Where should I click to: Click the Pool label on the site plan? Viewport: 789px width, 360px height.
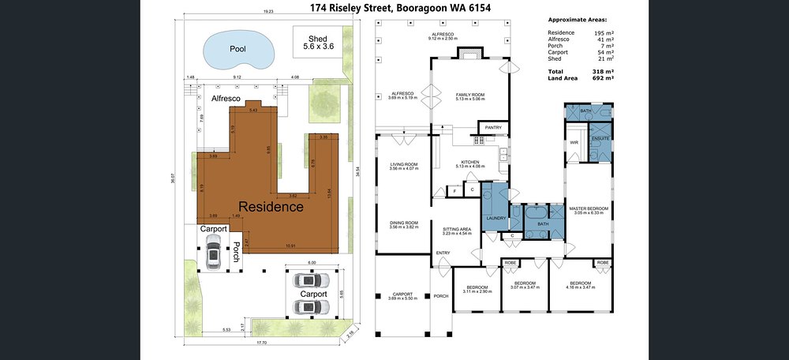click(237, 49)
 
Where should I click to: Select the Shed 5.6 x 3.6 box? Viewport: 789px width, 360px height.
click(319, 43)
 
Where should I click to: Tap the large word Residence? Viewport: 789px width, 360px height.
click(271, 207)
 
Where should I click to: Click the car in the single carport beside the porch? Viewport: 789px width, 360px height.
click(213, 254)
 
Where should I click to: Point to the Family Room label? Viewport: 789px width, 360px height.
click(470, 96)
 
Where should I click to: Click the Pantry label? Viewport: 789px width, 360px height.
click(493, 127)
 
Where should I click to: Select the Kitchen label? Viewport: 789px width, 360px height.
click(470, 163)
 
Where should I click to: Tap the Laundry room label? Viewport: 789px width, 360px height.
click(496, 218)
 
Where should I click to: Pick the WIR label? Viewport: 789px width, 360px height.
click(574, 142)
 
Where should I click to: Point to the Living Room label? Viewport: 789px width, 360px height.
click(403, 166)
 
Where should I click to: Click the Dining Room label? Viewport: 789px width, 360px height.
click(403, 224)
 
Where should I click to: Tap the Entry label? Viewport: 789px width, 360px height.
click(443, 253)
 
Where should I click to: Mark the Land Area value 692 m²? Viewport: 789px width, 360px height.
click(604, 78)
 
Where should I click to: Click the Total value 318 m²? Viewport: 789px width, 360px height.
click(604, 71)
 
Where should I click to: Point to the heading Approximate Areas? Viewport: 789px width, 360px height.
click(583, 19)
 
